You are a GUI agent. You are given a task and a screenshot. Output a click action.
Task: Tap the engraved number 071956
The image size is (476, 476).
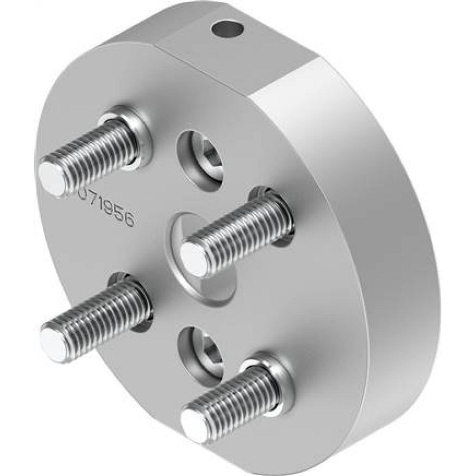106,209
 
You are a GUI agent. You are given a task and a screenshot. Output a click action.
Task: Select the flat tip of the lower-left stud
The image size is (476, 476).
52,340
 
